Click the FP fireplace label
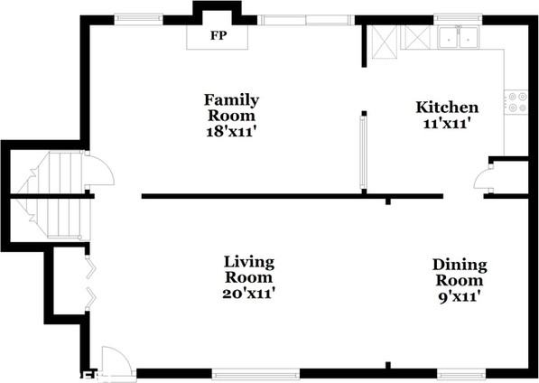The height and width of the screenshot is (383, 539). [218, 35]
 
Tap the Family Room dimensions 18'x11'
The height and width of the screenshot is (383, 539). [231, 132]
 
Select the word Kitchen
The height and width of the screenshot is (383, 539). [447, 107]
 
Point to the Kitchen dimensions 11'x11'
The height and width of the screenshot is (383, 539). [446, 123]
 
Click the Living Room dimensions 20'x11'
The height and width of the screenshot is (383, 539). [248, 294]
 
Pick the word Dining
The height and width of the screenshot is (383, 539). [460, 265]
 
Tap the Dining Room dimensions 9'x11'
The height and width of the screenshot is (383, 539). [460, 296]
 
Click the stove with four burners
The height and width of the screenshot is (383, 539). [516, 102]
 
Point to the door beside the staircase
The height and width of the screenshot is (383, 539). [99, 169]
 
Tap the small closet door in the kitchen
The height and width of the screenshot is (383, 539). [483, 177]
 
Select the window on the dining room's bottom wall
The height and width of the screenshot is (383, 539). [461, 374]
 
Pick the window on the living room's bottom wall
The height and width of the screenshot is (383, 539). [256, 374]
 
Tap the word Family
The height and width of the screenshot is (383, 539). [231, 101]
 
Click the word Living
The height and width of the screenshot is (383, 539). [249, 262]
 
